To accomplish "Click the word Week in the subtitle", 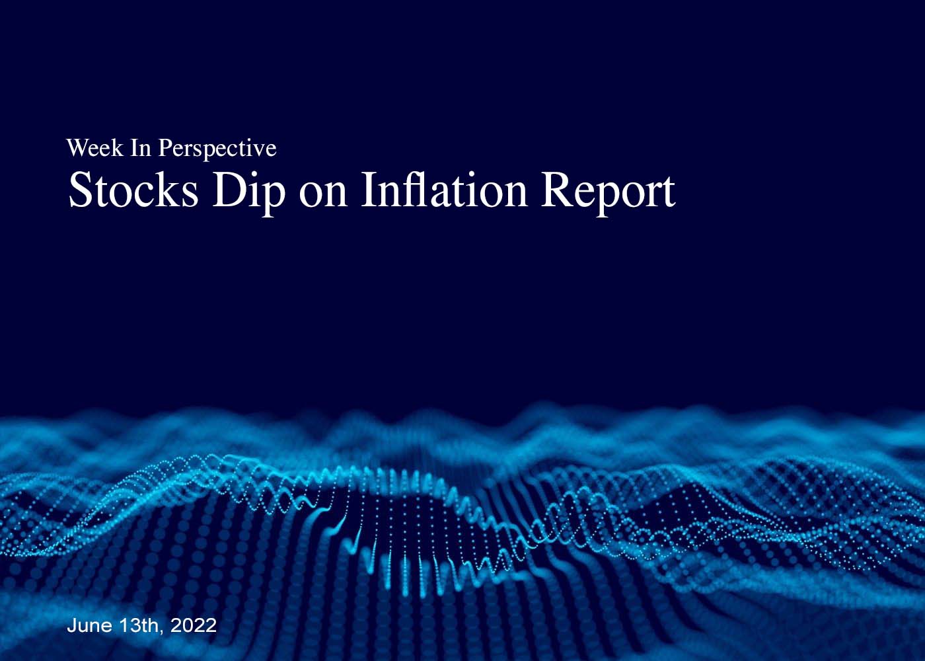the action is click(94, 148).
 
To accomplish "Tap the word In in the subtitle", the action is click(141, 148).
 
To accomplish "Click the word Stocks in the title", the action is click(133, 190).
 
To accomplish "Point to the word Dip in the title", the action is click(248, 193).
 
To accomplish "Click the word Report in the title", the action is click(609, 193).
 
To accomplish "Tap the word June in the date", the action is click(89, 625).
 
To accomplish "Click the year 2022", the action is click(193, 625).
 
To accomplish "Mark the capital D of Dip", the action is click(229, 190).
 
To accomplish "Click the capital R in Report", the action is click(558, 190).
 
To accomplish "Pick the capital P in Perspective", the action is click(166, 148).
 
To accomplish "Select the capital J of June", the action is click(71, 625).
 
